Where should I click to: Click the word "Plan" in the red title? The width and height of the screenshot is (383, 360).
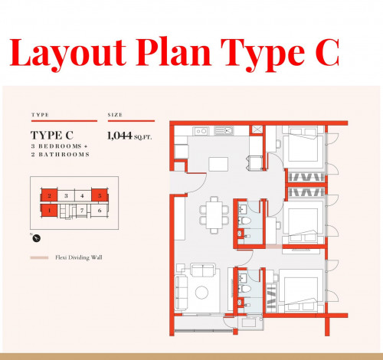[x=173, y=52]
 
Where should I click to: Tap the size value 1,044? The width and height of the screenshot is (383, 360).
[x=119, y=136]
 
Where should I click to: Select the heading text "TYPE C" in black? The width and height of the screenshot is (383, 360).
[x=52, y=136]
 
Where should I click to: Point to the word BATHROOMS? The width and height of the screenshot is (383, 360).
[x=64, y=155]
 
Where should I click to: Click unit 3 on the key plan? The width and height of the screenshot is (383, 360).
[x=66, y=196]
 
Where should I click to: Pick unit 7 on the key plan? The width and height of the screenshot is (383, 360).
[x=82, y=211]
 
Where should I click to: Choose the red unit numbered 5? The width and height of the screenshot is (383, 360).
[x=100, y=196]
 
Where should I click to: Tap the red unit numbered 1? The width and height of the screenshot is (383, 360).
[x=49, y=211]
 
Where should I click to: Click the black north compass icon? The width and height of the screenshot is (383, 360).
[x=37, y=238]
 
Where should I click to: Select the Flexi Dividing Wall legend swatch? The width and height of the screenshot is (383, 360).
[x=39, y=257]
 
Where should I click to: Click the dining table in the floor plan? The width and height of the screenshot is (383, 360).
[x=214, y=215]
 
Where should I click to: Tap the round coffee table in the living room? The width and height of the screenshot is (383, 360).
[x=201, y=293]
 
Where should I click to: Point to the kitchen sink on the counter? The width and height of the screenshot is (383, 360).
[x=224, y=131]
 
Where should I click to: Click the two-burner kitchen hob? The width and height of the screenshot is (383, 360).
[x=201, y=131]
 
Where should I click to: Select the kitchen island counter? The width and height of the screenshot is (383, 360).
[x=218, y=164]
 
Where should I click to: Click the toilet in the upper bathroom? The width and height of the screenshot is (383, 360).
[x=245, y=221]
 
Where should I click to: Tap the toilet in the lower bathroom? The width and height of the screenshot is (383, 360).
[x=245, y=289]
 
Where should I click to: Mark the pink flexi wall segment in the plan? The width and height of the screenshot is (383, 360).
[x=274, y=247]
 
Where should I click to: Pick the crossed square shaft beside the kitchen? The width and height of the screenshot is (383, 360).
[x=256, y=129]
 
